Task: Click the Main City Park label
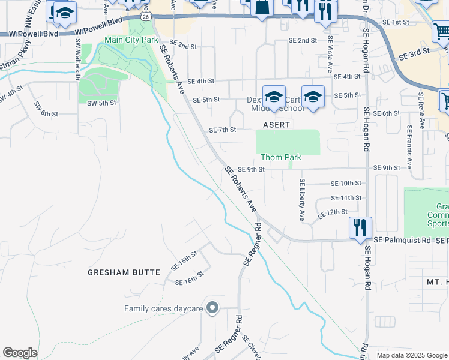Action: coord(131,40)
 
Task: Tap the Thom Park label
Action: coord(280,157)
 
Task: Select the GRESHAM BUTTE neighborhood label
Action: coord(124,272)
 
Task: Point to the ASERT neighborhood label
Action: coord(276,125)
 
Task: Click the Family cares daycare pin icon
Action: coord(211,308)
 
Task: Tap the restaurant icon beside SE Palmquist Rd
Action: coord(360,228)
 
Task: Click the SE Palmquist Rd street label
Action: coord(402,239)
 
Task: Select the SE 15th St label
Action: coord(184,259)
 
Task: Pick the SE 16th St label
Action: coord(188,278)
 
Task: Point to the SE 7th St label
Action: coord(222,130)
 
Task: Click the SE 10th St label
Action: coord(346,182)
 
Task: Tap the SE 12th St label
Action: coord(333,212)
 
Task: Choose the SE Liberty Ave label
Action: coord(303,200)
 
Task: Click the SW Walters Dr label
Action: coord(77,60)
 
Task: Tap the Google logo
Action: coord(20,353)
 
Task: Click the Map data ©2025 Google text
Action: coord(411,355)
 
